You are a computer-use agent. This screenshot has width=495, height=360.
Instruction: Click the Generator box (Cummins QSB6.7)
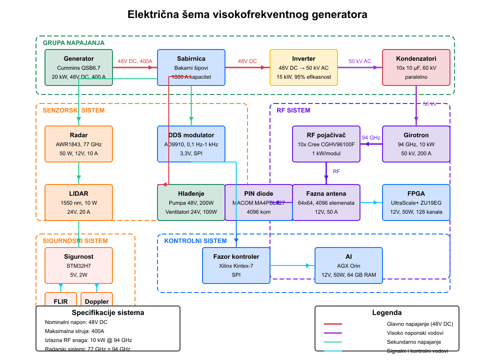tap(79, 67)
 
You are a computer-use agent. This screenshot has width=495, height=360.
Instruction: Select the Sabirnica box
tap(191, 67)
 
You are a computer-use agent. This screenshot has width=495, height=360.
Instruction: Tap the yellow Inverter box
tap(304, 67)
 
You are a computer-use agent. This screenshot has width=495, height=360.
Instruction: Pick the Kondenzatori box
tap(416, 67)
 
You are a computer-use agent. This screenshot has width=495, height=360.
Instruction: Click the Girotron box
tap(416, 144)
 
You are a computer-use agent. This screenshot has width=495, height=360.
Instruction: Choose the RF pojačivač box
tap(326, 144)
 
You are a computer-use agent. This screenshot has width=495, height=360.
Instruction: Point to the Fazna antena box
tap(326, 202)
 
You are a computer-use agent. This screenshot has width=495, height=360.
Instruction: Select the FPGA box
tap(416, 202)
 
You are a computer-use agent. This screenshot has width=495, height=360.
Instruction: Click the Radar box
tap(79, 144)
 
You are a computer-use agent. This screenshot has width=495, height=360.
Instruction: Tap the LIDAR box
tap(79, 202)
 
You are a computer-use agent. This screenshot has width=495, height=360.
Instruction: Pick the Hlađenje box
tap(191, 202)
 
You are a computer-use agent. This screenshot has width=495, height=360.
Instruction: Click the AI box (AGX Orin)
tap(349, 265)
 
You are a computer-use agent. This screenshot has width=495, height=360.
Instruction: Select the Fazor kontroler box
tap(236, 265)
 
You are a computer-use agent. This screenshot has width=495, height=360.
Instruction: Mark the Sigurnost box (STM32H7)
tap(79, 265)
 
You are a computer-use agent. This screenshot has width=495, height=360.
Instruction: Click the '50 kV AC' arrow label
tap(360, 61)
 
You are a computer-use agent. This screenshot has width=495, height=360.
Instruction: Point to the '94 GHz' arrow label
tap(371, 138)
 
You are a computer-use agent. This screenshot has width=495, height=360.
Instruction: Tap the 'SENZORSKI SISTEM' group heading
tap(73, 110)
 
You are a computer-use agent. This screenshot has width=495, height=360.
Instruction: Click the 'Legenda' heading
tap(387, 313)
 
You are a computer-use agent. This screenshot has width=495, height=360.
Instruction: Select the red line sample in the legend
tap(333, 324)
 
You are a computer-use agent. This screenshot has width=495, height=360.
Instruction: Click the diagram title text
tap(247, 14)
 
